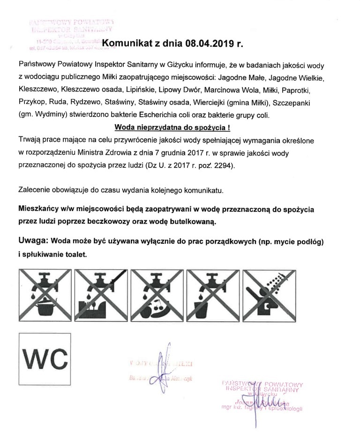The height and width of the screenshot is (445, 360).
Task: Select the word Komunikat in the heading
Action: [126, 43]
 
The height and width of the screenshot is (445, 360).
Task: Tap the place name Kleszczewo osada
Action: [90, 89]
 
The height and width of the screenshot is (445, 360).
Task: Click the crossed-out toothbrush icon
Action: [100, 294]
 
